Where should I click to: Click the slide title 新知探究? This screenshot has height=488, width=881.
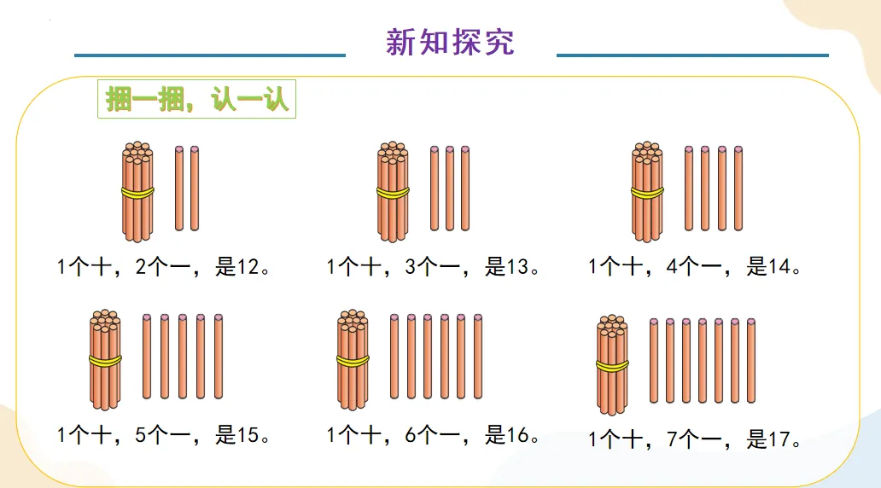[x=450, y=41]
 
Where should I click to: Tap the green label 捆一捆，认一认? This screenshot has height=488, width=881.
[x=197, y=99]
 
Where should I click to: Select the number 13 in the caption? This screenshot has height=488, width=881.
[x=518, y=267]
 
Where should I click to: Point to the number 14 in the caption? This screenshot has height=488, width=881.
[x=780, y=267]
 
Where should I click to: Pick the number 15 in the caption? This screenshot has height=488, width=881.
[x=248, y=436]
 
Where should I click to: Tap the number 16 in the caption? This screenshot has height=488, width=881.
[x=518, y=436]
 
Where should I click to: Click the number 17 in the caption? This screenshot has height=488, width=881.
[x=780, y=440]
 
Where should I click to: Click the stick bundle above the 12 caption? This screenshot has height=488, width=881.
[x=137, y=192]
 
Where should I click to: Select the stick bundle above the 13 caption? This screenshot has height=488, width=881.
[x=393, y=192]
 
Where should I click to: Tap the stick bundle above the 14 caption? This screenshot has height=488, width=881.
[x=647, y=192]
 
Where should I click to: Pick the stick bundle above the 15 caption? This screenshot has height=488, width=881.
[x=105, y=359]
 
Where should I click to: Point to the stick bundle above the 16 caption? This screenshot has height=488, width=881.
[x=353, y=359]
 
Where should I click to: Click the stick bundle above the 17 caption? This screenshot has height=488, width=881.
[x=611, y=365]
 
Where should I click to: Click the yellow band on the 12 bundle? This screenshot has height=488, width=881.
[x=137, y=193]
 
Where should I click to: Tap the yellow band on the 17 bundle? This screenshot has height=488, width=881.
[x=611, y=366]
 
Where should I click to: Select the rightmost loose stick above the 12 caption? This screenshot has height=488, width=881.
[x=195, y=189]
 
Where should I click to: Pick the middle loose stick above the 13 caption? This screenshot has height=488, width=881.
[x=450, y=189]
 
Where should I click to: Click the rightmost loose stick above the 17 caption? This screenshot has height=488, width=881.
[x=751, y=360]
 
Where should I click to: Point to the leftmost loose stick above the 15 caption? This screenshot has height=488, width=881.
[x=147, y=356]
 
